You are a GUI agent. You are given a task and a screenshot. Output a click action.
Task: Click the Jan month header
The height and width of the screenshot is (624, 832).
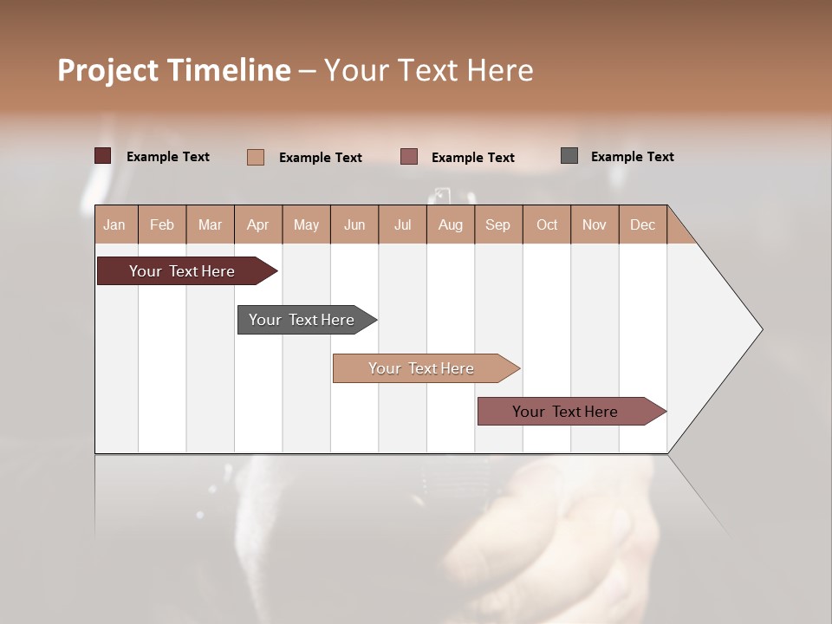(115, 224)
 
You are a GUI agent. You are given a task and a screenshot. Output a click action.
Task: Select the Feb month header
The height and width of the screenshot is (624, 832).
(162, 224)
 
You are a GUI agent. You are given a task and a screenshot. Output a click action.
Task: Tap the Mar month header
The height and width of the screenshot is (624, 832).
(210, 224)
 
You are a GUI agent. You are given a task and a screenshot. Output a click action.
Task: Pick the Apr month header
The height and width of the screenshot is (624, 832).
(258, 224)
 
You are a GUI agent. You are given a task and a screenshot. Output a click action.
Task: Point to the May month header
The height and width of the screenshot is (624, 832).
(306, 224)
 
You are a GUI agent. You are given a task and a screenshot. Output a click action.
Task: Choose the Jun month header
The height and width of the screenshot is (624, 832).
(354, 224)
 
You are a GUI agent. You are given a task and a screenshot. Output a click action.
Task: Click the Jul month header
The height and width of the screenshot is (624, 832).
(402, 224)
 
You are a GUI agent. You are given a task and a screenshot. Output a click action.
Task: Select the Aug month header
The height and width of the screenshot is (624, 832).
(451, 224)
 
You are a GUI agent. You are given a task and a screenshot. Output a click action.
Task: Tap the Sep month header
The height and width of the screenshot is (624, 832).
(498, 224)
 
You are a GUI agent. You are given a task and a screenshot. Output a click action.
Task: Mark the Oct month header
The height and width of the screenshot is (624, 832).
(547, 224)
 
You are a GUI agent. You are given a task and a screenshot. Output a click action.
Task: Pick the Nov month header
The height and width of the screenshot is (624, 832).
(595, 224)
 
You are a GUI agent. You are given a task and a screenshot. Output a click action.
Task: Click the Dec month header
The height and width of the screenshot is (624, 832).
(643, 224)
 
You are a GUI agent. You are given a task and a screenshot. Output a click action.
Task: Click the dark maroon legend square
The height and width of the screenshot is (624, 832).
(103, 156)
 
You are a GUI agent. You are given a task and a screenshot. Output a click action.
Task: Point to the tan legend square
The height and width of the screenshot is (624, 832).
(256, 157)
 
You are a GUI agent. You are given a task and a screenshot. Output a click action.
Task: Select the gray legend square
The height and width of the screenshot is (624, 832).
(569, 156)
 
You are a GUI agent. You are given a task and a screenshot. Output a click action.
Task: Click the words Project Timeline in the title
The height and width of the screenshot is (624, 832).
(174, 70)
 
